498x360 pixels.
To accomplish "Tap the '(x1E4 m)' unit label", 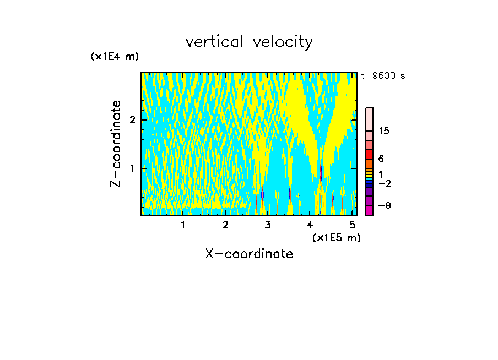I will pyautogui.click(x=115, y=57).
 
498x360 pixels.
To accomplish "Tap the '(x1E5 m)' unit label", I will pyautogui.click(x=336, y=237).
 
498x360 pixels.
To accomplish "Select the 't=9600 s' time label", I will pyautogui.click(x=383, y=76).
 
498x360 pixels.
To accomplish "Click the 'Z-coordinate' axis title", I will pyautogui.click(x=116, y=144).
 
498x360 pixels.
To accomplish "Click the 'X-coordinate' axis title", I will pyautogui.click(x=249, y=254).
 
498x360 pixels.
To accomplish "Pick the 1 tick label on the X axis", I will pyautogui.click(x=183, y=225).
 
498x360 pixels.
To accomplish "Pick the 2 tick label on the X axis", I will pyautogui.click(x=225, y=225).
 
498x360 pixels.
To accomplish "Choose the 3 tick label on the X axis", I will pyautogui.click(x=268, y=225).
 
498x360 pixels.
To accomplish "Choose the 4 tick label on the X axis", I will pyautogui.click(x=310, y=225).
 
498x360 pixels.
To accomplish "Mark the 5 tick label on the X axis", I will pyautogui.click(x=352, y=225).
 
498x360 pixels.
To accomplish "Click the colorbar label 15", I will pyautogui.click(x=384, y=131).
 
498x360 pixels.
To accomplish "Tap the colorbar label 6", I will pyautogui.click(x=381, y=159).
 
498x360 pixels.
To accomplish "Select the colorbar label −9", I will pyautogui.click(x=385, y=206).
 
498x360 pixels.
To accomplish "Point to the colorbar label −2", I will pyautogui.click(x=385, y=183).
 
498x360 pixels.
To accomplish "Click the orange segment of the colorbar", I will pyautogui.click(x=369, y=163).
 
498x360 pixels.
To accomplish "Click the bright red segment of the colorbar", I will pyautogui.click(x=369, y=154).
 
